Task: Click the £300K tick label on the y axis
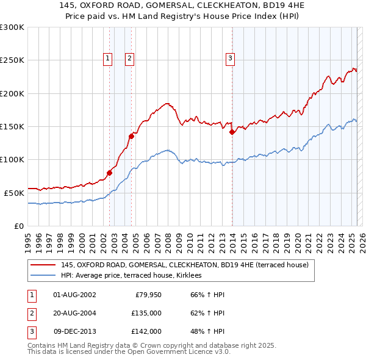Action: point(12,27)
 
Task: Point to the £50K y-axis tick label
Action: point(13,193)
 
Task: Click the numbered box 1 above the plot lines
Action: point(107,59)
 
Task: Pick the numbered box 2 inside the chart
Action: point(130,59)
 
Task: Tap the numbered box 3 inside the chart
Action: point(231,59)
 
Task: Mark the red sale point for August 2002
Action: point(110,173)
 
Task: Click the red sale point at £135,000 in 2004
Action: point(132,136)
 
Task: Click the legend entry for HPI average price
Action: point(135,276)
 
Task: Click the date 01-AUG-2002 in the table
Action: point(74,295)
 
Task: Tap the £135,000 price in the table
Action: point(146,313)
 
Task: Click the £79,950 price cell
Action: point(148,295)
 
